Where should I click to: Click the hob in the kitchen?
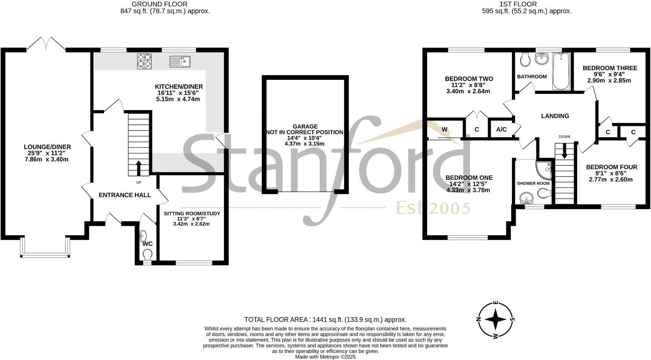pos(145,62)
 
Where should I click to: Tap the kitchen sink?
pos(180,61)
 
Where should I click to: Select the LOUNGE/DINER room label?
pos(47,147)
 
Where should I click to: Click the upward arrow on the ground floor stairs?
pos(138,168)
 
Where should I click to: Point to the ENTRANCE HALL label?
pos(125,195)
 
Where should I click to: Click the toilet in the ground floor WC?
pos(147,256)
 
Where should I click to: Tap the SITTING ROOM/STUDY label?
pos(192,214)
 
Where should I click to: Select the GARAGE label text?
pos(305,127)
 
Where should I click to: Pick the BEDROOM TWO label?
pos(469,79)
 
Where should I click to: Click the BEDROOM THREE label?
pos(610,68)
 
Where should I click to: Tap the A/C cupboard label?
pos(501,130)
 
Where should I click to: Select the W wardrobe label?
pos(445,130)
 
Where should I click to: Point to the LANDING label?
pos(555,116)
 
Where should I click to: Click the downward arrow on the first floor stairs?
pos(564,151)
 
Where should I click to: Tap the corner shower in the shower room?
pos(544,169)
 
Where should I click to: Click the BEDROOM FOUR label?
pos(611,167)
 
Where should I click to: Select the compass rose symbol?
pos(496,320)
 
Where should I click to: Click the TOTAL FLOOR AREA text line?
pos(325,320)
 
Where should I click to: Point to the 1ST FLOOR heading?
pos(518,4)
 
